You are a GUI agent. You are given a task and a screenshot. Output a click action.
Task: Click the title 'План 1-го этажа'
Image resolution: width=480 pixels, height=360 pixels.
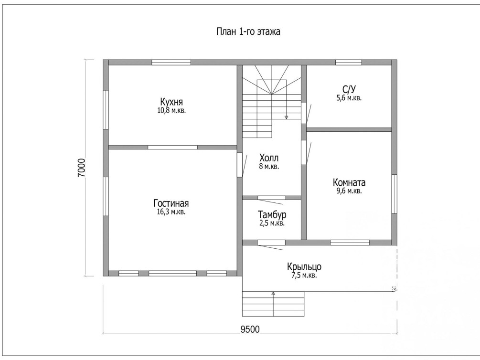pyautogui.click(x=248, y=32)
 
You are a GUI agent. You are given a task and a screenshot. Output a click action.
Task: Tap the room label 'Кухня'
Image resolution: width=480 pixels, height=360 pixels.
pyautogui.click(x=171, y=102)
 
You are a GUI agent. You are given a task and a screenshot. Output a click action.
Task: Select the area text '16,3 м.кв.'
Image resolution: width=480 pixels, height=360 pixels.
pyautogui.click(x=171, y=212)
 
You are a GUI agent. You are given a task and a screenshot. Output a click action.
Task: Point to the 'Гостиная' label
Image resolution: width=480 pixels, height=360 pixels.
pyautogui.click(x=171, y=203)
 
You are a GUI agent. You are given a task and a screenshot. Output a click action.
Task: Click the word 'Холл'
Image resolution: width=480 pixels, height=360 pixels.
pyautogui.click(x=269, y=158)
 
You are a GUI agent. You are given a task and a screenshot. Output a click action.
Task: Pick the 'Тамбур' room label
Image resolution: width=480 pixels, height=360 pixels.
pyautogui.click(x=272, y=214)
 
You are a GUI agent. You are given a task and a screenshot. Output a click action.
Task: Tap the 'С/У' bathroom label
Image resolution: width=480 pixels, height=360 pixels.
pyautogui.click(x=349, y=89)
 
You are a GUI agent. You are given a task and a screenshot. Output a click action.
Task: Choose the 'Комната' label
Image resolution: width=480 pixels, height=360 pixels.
pyautogui.click(x=349, y=182)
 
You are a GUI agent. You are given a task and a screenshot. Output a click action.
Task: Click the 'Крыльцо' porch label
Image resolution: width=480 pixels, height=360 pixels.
pyautogui.click(x=304, y=267)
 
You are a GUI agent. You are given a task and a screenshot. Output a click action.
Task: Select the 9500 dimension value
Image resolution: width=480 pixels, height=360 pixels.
pyautogui.click(x=250, y=329)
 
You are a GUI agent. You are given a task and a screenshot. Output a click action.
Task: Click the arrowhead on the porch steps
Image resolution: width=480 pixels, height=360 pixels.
pyautogui.click(x=273, y=293)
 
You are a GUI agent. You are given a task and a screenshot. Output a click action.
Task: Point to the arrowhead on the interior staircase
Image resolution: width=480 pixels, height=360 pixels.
pyautogui.click(x=286, y=117)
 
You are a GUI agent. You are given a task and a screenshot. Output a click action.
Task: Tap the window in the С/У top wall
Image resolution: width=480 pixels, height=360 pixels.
pyautogui.click(x=348, y=63)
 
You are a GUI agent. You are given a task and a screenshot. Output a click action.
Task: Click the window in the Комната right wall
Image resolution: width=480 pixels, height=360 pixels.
pyautogui.click(x=395, y=194)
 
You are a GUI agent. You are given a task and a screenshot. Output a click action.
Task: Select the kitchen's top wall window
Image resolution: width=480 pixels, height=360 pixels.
pyautogui.click(x=171, y=63)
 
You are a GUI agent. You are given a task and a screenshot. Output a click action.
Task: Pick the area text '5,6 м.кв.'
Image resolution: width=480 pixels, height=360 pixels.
pyautogui.click(x=349, y=98)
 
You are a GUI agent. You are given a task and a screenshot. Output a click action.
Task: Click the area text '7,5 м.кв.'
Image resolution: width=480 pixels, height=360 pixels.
pyautogui.click(x=304, y=275)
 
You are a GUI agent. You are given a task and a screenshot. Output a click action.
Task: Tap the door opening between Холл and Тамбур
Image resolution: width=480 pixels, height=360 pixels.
pyautogui.click(x=272, y=198)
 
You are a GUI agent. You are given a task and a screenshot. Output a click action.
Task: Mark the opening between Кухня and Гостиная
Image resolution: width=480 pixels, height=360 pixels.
pyautogui.click(x=172, y=147)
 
